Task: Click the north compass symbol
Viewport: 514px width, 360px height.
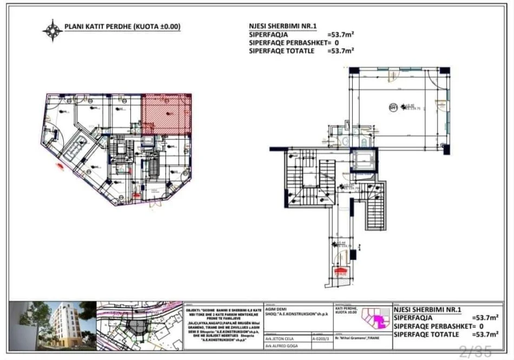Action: [52, 30]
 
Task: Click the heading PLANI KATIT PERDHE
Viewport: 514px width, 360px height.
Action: [122, 26]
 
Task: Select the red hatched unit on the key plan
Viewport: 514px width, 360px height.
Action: [166, 114]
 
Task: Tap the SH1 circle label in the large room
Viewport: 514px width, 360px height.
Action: [393, 107]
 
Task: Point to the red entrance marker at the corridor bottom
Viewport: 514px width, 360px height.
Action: [340, 272]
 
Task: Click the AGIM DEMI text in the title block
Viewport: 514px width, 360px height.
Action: [276, 309]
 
